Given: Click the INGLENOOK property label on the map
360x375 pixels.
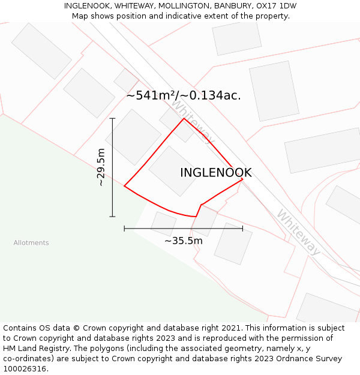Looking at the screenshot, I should [x=215, y=173].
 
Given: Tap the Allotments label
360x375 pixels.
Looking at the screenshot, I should [x=31, y=243].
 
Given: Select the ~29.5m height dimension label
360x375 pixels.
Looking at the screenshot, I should [x=101, y=167].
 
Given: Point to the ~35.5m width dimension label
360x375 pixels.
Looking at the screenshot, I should [x=183, y=241].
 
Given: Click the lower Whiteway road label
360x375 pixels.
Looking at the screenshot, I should [x=298, y=232].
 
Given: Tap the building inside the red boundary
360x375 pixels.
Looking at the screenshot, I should [x=174, y=171].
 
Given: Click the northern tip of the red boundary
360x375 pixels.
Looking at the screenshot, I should [x=184, y=119].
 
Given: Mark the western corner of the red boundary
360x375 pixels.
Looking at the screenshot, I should [x=124, y=186].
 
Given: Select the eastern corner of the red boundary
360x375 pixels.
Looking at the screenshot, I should [x=243, y=178].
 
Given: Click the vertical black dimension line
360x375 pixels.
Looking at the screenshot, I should [x=112, y=167].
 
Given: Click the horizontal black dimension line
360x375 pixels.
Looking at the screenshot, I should [x=183, y=228].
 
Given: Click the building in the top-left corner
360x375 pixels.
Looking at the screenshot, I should [x=41, y=51].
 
